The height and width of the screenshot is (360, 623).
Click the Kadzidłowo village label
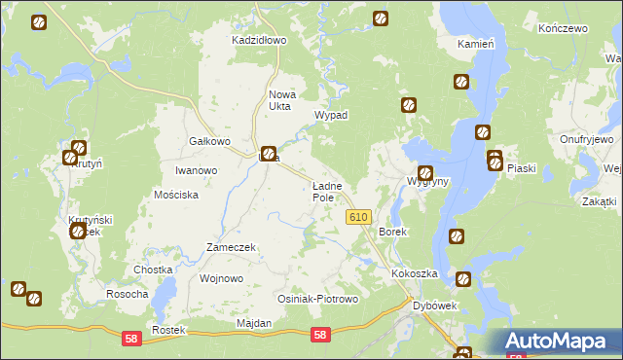[258, 41]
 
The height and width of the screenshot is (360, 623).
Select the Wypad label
[330, 115]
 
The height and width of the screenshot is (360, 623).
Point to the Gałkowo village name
[208, 141]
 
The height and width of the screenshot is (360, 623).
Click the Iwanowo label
[196, 170]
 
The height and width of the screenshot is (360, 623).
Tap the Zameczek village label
[230, 247]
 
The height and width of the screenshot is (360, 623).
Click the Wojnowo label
[221, 278]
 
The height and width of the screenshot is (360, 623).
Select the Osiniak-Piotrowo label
[318, 299]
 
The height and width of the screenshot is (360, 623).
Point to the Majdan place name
[253, 323]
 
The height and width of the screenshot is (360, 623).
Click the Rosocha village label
[128, 294]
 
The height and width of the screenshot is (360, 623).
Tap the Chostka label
[153, 270]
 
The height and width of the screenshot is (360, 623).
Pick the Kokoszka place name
[416, 274]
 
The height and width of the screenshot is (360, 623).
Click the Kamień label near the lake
[477, 45]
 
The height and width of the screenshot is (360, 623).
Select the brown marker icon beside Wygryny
[424, 173]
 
